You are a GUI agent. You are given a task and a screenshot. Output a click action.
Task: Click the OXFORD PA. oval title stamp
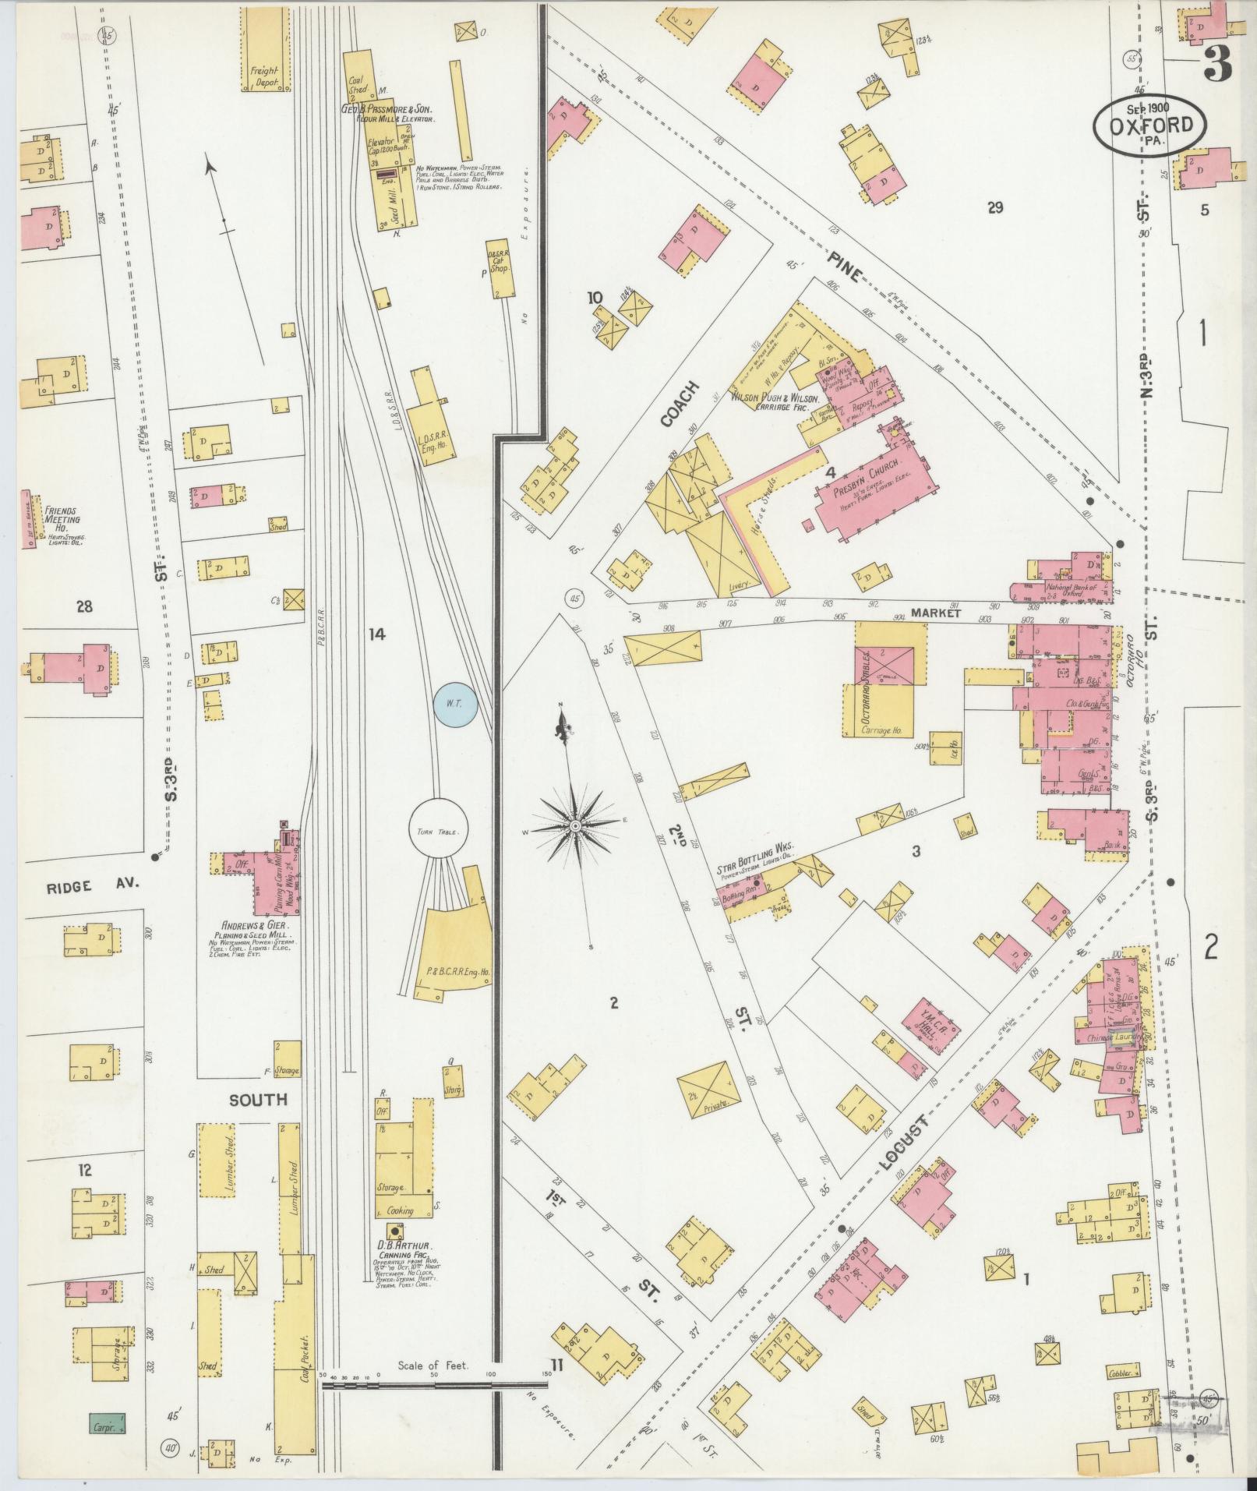pyautogui.click(x=1149, y=125)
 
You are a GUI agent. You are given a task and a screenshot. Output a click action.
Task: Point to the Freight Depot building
pyautogui.click(x=264, y=75)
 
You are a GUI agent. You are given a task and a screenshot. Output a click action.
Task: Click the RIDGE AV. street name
pyautogui.click(x=80, y=885)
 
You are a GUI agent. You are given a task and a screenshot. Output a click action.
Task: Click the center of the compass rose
pyautogui.click(x=574, y=825)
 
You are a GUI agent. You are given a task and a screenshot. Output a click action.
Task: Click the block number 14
pyautogui.click(x=377, y=634)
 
